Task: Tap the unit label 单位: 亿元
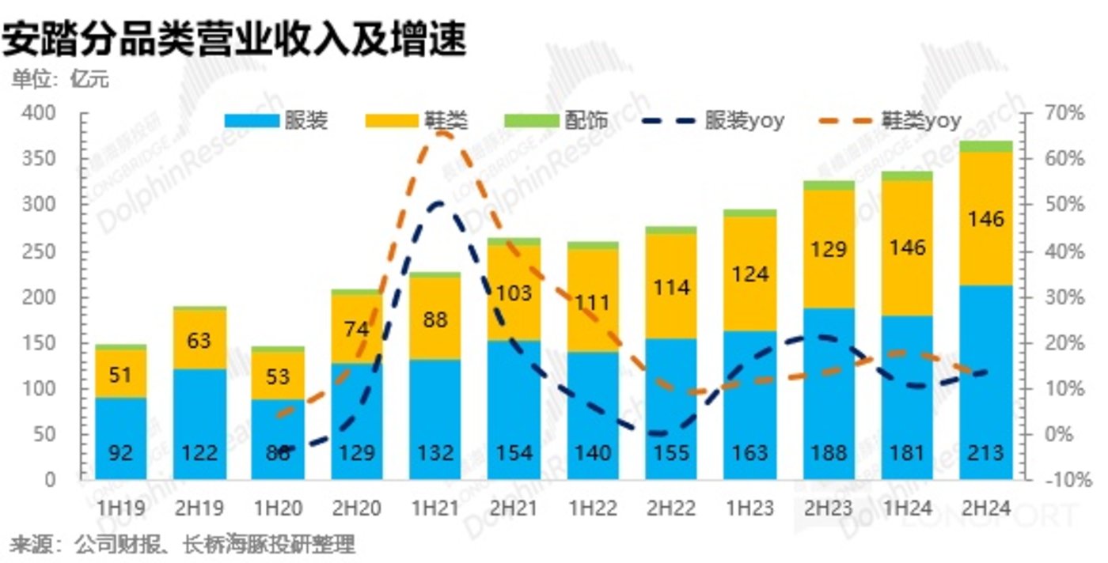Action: (60, 81)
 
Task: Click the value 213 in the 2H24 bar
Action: (985, 453)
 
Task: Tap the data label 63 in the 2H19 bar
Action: (199, 341)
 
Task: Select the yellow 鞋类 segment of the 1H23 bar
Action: (749, 273)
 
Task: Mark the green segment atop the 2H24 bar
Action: (985, 145)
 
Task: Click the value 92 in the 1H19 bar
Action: (120, 453)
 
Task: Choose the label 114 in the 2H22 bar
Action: (670, 287)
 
